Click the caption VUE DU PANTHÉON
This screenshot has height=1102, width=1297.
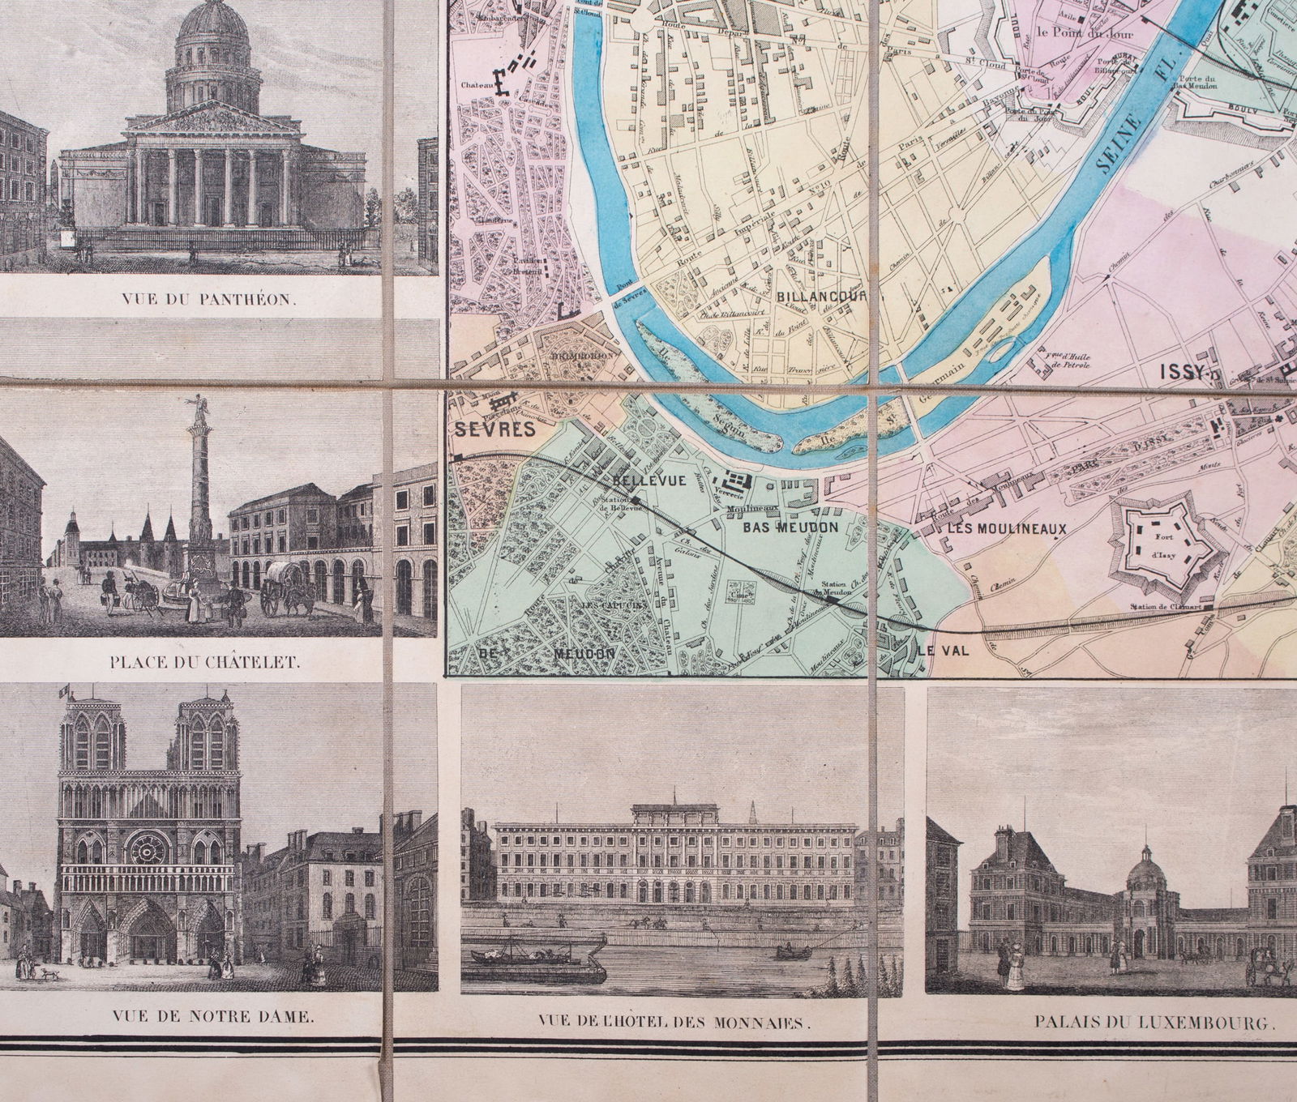[209, 297]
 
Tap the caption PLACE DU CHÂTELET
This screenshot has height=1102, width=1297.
[204, 660]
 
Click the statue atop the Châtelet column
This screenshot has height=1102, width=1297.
[197, 403]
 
